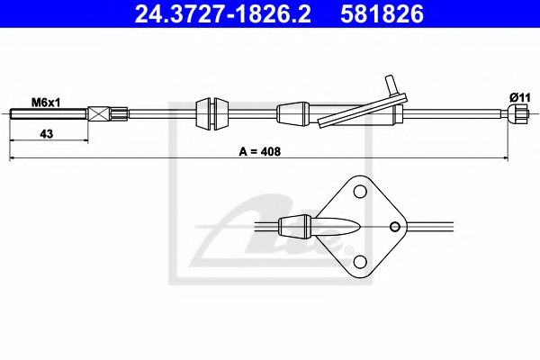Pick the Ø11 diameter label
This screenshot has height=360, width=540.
click(518, 96)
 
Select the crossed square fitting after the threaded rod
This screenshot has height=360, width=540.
click(100, 113)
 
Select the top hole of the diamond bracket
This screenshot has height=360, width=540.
click(360, 192)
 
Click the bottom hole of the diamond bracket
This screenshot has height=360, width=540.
click(360, 261)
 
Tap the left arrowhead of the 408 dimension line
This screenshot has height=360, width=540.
click(13, 158)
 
